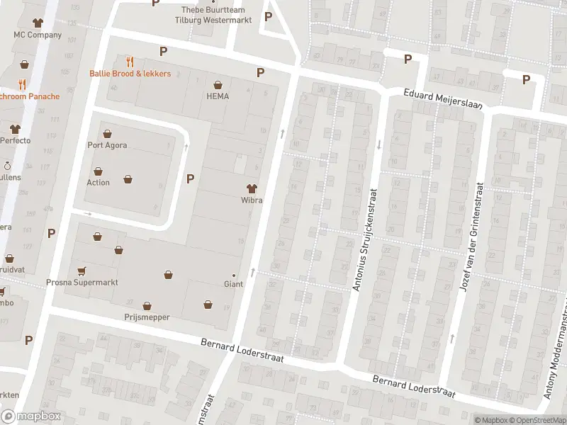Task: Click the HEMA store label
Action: pyautogui.click(x=218, y=96)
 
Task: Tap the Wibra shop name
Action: pyautogui.click(x=251, y=200)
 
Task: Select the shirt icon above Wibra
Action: pyautogui.click(x=251, y=188)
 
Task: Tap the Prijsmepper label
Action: pyautogui.click(x=147, y=317)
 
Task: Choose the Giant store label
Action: pyautogui.click(x=233, y=284)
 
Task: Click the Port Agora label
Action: pyautogui.click(x=107, y=146)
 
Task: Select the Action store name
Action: pyautogui.click(x=98, y=183)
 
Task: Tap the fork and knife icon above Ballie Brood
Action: pyautogui.click(x=129, y=61)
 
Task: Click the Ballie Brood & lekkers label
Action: pyautogui.click(x=130, y=74)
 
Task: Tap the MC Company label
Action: pyautogui.click(x=38, y=35)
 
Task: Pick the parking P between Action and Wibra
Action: pyautogui.click(x=190, y=178)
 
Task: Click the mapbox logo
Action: pyautogui.click(x=31, y=416)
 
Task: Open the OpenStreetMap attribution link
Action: pyautogui.click(x=538, y=420)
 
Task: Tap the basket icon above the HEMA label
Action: pyautogui.click(x=218, y=84)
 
